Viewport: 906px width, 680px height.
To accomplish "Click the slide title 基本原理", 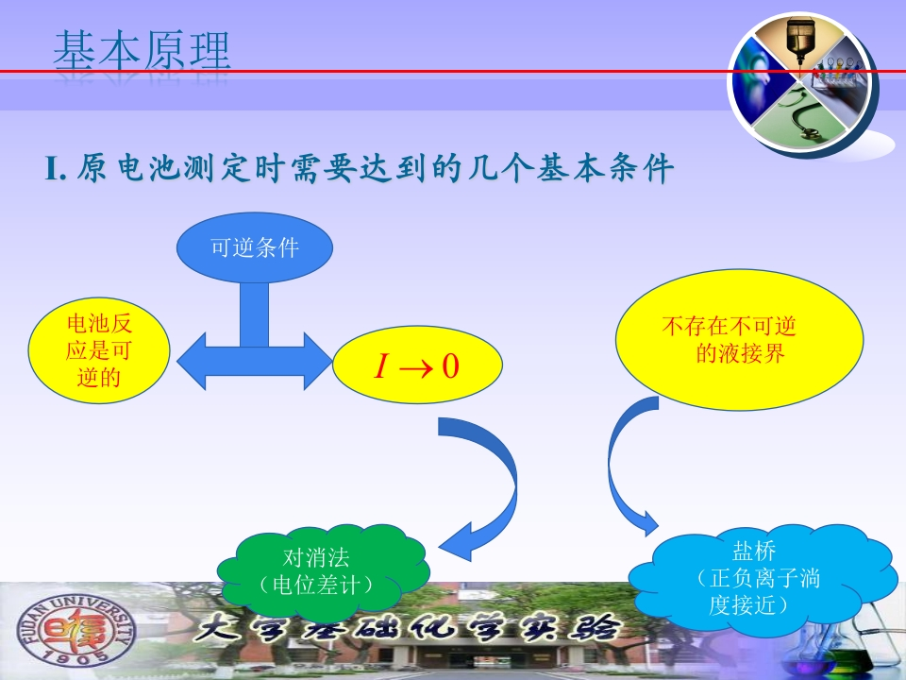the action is (x=143, y=51).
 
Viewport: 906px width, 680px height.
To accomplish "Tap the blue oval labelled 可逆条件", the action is (x=255, y=247).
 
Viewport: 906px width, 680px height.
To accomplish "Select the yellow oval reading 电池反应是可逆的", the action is (x=99, y=350).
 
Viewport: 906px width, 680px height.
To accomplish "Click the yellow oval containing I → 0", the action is (x=417, y=365).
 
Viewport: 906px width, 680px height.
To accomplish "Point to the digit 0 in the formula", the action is (x=450, y=366).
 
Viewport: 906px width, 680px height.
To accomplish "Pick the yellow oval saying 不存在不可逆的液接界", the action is (x=740, y=340).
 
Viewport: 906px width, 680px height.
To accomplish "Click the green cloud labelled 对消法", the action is (x=323, y=572).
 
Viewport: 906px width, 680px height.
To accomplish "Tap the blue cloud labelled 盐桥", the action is (x=763, y=578).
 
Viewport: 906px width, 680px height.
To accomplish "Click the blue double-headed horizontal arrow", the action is (x=255, y=362).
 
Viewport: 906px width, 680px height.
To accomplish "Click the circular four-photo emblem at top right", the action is (x=801, y=84).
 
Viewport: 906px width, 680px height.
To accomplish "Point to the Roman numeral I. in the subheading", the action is (x=56, y=169).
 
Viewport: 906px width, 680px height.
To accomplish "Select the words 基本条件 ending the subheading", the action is (x=605, y=169).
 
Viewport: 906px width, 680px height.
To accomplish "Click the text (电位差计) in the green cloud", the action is (x=316, y=586).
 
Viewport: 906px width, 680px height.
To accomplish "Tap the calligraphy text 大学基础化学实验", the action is (x=407, y=629).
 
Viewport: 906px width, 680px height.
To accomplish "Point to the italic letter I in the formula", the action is (x=380, y=366).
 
